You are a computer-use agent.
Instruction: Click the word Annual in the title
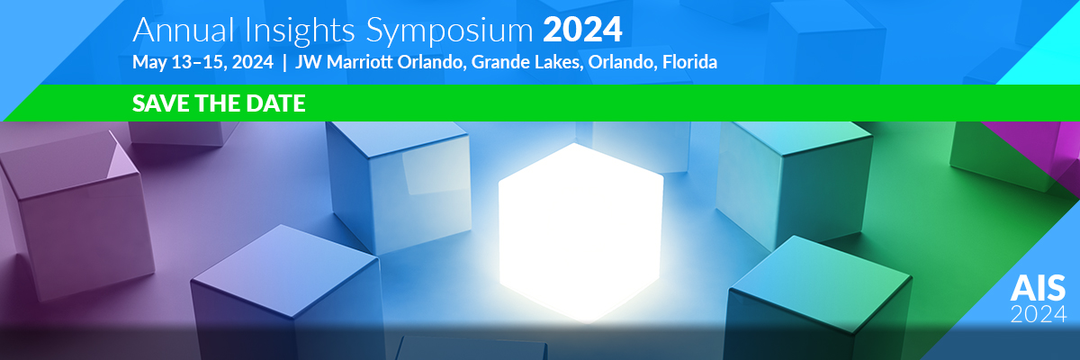point(184,31)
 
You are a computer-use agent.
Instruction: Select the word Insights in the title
point(300,31)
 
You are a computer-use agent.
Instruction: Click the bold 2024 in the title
point(582,30)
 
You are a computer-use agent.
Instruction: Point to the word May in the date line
point(149,63)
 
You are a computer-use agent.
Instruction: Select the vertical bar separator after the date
point(284,63)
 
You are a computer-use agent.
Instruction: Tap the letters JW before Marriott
point(308,62)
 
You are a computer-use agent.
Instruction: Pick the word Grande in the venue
point(501,62)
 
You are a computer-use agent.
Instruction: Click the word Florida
point(689,62)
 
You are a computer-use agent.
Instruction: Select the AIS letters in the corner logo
point(1038,288)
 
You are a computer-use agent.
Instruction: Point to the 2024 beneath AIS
point(1039,314)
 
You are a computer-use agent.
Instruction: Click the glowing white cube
point(581,232)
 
